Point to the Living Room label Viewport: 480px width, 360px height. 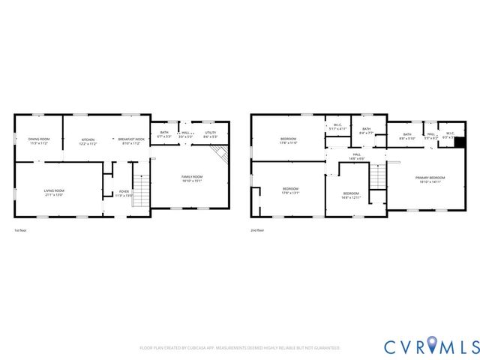pos(53,192)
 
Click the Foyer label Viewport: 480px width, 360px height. pos(124,193)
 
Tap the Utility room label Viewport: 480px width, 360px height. pos(211,134)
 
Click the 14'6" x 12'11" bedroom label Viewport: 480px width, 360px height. pos(352,196)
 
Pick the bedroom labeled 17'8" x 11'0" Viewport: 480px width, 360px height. pos(289,141)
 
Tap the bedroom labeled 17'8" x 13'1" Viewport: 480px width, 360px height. pos(290,190)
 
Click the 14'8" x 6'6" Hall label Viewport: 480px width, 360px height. pos(357,157)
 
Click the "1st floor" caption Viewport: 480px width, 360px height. pos(21,230)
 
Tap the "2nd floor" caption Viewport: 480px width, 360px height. pos(257,230)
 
